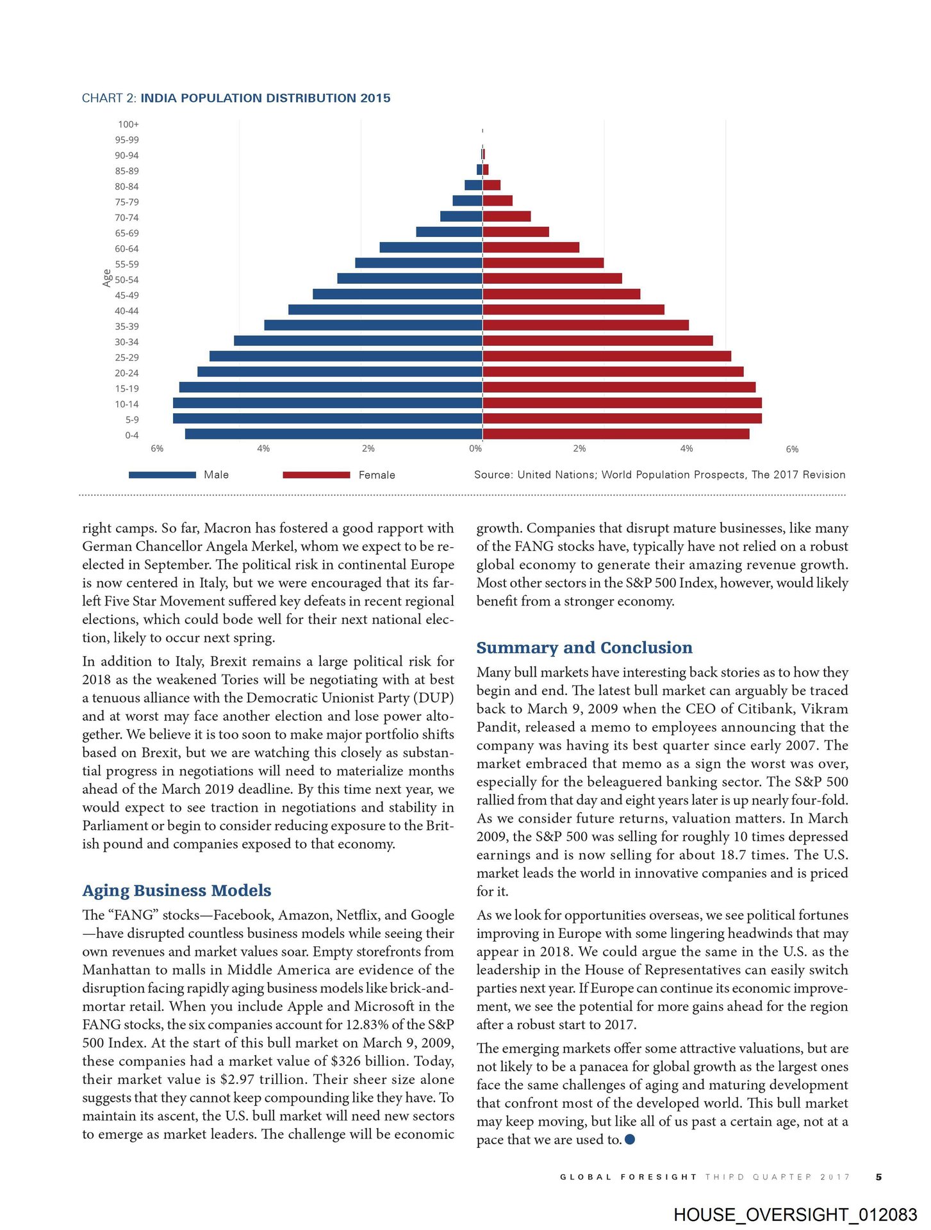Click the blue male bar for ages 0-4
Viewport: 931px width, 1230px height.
click(333, 434)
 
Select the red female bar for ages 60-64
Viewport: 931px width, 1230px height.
click(531, 248)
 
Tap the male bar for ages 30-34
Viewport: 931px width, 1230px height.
click(358, 341)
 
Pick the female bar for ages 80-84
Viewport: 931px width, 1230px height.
click(491, 186)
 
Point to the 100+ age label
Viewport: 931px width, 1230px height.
click(128, 124)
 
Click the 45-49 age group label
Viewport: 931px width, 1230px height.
click(127, 295)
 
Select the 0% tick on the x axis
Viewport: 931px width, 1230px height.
click(475, 448)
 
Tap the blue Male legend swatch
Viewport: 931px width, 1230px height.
click(162, 475)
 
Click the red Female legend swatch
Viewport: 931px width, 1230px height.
click(316, 475)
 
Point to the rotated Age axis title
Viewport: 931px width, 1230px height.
click(107, 277)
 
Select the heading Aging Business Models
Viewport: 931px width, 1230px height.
click(176, 890)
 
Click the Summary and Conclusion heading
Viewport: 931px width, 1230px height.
click(584, 648)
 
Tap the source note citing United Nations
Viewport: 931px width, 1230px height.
click(659, 475)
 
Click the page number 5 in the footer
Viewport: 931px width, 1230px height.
click(878, 1177)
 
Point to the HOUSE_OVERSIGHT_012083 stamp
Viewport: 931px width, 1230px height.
click(795, 1215)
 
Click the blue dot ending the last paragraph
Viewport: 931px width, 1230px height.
click(630, 1139)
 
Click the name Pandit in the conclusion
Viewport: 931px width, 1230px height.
click(497, 727)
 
